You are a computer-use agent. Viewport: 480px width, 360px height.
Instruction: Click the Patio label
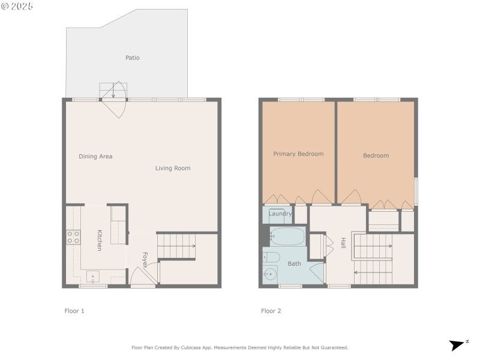click(132, 58)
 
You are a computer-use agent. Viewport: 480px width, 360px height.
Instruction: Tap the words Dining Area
click(95, 157)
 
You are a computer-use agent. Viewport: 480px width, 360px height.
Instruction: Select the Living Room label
click(173, 168)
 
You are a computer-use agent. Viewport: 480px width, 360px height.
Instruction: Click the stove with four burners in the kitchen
click(73, 237)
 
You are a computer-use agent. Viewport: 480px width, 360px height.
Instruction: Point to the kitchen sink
click(93, 276)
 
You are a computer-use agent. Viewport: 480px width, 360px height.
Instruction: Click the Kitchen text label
click(100, 240)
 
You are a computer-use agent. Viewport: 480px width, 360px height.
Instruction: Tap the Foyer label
click(145, 260)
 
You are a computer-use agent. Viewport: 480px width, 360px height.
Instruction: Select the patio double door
click(114, 99)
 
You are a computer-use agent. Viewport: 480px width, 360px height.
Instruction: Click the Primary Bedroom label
click(298, 154)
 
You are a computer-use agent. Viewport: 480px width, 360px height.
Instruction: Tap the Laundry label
click(280, 214)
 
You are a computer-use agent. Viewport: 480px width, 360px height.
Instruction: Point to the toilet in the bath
click(271, 257)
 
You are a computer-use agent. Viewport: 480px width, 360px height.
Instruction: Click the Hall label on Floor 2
click(343, 243)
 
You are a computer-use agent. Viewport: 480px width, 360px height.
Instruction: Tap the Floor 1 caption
click(74, 311)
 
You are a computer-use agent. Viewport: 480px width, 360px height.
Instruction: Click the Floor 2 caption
click(271, 311)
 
